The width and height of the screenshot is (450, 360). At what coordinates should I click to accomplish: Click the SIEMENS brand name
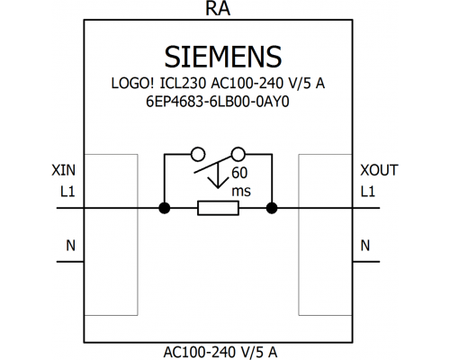(x=223, y=57)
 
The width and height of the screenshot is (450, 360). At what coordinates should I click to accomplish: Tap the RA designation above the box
(x=218, y=8)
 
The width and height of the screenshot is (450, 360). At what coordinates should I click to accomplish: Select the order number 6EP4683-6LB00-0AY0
(x=218, y=102)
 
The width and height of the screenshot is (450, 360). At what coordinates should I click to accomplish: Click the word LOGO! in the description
(x=132, y=83)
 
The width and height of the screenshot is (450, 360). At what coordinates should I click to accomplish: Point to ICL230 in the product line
(x=183, y=83)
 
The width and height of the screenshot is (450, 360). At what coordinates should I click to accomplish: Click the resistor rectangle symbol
(x=218, y=208)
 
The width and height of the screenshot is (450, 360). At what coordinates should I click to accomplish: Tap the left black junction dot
(x=164, y=208)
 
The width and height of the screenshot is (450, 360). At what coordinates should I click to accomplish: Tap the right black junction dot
(x=272, y=208)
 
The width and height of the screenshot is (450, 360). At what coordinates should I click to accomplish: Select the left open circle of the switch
(x=198, y=154)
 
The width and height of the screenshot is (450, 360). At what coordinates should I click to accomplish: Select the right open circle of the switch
(x=238, y=154)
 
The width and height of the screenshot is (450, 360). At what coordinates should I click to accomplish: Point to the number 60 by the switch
(x=239, y=173)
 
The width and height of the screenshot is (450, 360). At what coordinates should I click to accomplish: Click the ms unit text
(x=241, y=192)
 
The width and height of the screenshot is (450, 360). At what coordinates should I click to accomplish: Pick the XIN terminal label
(x=63, y=170)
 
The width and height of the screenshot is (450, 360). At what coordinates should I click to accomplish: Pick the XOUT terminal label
(x=379, y=170)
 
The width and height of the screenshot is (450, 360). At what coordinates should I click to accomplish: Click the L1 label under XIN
(x=67, y=192)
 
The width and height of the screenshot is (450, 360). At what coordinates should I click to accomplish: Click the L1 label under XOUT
(x=368, y=192)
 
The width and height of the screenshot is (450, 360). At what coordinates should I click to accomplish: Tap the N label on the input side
(x=70, y=246)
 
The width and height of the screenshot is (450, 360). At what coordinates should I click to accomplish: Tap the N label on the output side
(x=365, y=246)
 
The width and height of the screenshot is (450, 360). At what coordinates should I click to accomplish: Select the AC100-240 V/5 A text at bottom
(x=220, y=352)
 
